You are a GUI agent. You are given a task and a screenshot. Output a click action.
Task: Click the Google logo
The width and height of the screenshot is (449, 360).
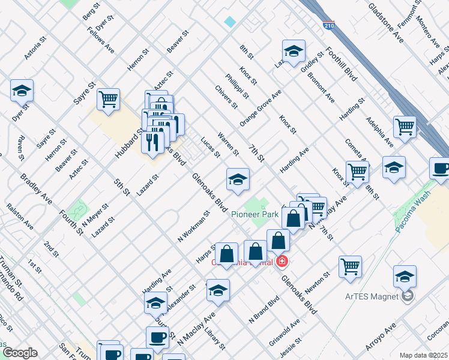click(x=20, y=353)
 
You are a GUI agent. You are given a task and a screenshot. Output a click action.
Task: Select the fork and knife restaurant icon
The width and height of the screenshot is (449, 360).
click(x=152, y=142)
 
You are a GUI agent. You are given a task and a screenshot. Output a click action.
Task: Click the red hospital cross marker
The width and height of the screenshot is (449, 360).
click(x=282, y=262)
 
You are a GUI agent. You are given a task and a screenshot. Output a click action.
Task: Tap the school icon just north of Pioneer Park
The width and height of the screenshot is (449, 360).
click(x=238, y=179)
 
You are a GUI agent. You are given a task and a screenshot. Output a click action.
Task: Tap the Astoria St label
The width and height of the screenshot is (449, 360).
click(x=35, y=50)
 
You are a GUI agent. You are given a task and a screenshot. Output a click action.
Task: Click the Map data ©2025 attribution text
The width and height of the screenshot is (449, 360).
click(x=423, y=355)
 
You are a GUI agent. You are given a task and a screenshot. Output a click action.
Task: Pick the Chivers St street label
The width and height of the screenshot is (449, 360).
click(x=226, y=97)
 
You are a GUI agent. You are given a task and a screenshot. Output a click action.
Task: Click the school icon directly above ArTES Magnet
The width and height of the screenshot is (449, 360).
click(x=405, y=275)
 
